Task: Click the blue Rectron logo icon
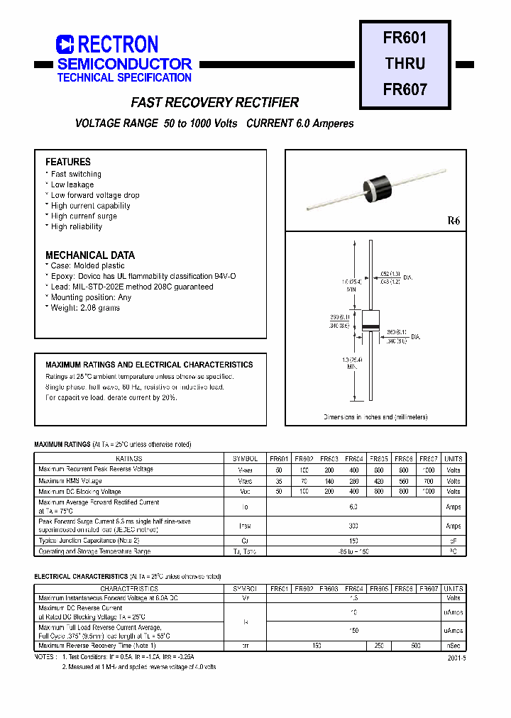click(65, 45)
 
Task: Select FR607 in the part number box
click(405, 90)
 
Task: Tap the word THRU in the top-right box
click(405, 63)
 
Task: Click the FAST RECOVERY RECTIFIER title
click(214, 103)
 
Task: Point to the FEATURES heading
click(68, 162)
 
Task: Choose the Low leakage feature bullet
click(72, 184)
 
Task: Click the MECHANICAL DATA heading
click(89, 255)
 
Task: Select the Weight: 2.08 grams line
click(84, 308)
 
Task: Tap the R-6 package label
click(454, 221)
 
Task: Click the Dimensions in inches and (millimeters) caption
click(375, 417)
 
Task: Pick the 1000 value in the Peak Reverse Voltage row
click(428, 470)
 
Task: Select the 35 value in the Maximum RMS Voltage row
click(280, 481)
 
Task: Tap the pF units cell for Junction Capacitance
click(453, 541)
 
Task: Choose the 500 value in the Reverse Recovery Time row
click(416, 646)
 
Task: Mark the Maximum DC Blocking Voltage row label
click(80, 491)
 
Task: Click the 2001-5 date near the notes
click(456, 658)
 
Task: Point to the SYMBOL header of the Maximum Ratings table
click(246, 459)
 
